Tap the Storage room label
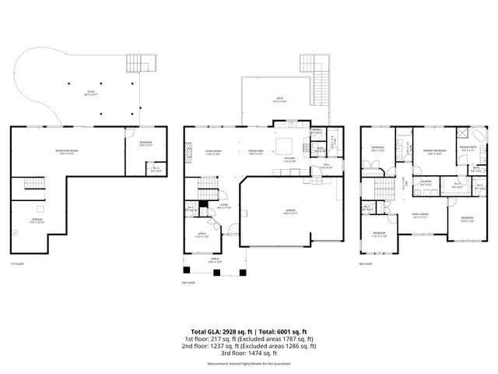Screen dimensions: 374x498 tap(37, 221)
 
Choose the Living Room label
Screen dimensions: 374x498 tap(213, 151)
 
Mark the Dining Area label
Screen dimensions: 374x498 tap(257, 151)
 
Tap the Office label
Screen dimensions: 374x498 tap(201, 234)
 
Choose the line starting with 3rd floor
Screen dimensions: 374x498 tap(249, 354)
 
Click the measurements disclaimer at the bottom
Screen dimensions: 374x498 tap(249, 363)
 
